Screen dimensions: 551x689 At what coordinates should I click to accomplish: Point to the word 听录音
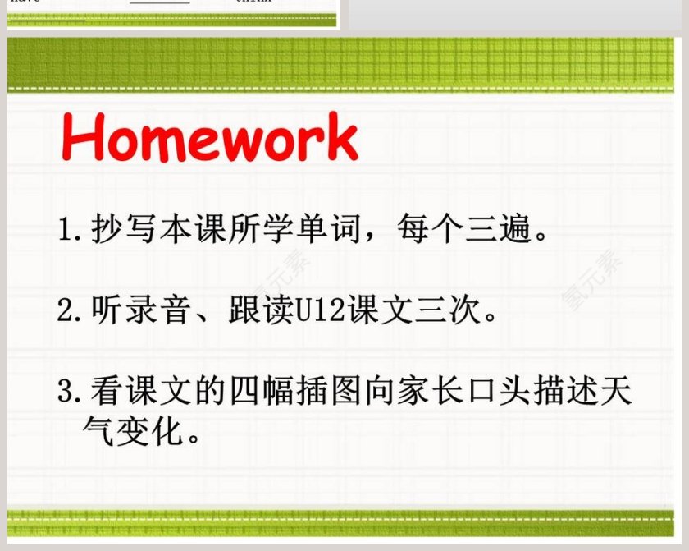(140, 310)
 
